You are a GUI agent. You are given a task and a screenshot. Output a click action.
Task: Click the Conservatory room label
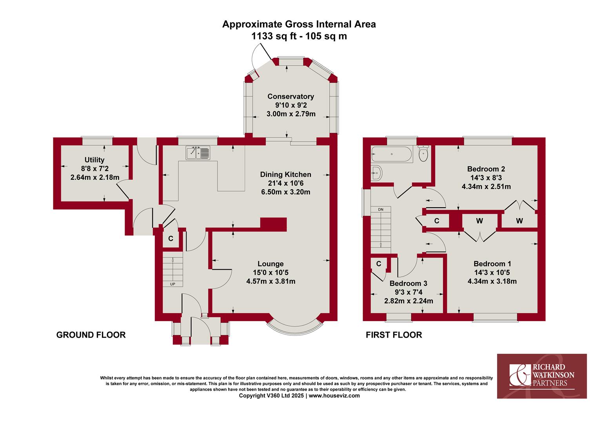[x=290, y=97]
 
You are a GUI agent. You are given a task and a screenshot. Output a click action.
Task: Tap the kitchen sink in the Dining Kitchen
[x=198, y=153]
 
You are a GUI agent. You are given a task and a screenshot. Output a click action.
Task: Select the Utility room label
[x=94, y=160]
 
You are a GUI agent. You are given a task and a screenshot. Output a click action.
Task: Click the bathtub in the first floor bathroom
[x=392, y=154]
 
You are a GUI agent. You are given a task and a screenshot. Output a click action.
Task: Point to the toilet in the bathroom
[x=423, y=153]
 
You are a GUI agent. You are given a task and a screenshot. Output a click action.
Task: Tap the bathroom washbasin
[x=377, y=173]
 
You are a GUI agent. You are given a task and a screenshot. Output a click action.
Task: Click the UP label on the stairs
[x=173, y=284]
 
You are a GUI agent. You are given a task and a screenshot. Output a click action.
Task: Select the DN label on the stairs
[x=381, y=210]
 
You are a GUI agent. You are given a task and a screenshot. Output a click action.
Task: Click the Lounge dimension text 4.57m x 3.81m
[x=270, y=281]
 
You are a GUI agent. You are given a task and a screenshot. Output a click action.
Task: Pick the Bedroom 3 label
[x=408, y=283]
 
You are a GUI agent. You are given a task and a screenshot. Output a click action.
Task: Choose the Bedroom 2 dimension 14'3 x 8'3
[x=486, y=178]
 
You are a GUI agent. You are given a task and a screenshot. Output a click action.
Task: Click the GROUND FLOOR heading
[x=91, y=335]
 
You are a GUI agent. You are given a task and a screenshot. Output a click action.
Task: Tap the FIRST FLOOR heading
[x=394, y=335]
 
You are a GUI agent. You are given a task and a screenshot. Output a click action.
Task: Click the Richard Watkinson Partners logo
[x=542, y=376]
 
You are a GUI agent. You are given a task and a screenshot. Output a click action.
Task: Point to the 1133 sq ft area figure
[x=275, y=36]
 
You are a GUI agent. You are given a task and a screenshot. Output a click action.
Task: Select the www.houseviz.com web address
[x=334, y=396]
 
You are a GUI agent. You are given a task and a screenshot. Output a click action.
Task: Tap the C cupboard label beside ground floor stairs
[x=171, y=238]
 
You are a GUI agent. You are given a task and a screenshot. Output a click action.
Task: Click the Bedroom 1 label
[x=492, y=264]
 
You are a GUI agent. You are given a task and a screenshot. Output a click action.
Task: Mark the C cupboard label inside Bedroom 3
[x=379, y=264]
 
